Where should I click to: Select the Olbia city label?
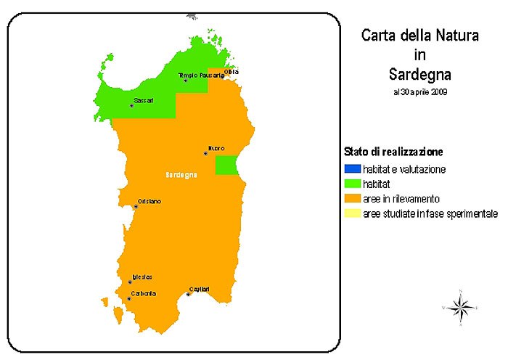click(232, 71)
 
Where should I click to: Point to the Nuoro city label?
click(216, 148)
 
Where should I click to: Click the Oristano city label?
click(149, 201)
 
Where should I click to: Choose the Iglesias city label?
click(142, 277)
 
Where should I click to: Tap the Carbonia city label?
click(144, 293)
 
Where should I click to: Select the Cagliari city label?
click(199, 288)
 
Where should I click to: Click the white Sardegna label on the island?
click(181, 176)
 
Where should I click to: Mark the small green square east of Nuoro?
click(227, 165)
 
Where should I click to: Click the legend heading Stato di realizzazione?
click(393, 152)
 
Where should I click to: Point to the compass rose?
click(460, 308)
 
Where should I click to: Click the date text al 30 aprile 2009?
click(419, 92)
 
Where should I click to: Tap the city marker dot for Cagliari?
click(188, 294)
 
